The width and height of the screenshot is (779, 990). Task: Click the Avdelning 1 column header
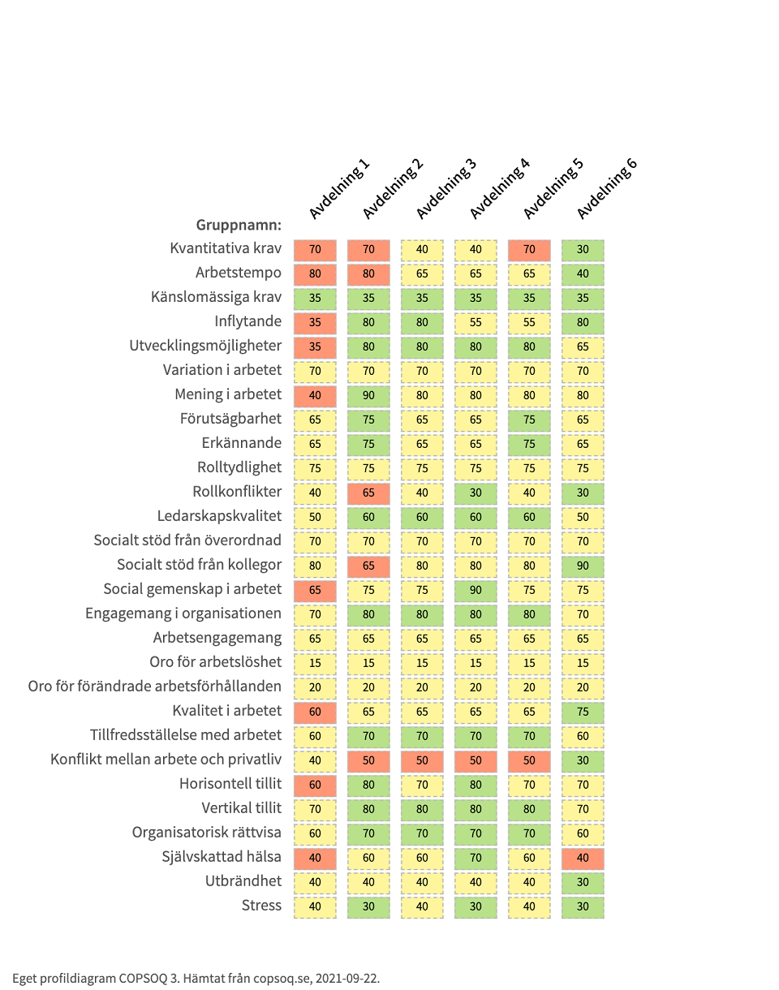pyautogui.click(x=339, y=189)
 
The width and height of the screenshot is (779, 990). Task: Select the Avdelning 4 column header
pyautogui.click(x=500, y=189)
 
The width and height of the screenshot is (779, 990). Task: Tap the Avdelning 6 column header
pyautogui.click(x=608, y=189)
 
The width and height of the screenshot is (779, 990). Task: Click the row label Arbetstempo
pyautogui.click(x=239, y=273)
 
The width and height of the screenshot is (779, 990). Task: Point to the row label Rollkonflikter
pyautogui.click(x=237, y=492)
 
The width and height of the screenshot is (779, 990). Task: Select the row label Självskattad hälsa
pyautogui.click(x=222, y=857)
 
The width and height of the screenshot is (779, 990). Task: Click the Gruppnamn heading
pyautogui.click(x=239, y=225)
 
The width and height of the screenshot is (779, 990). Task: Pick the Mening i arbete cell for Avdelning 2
pyautogui.click(x=368, y=395)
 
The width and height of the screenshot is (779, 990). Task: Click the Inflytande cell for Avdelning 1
pyautogui.click(x=315, y=322)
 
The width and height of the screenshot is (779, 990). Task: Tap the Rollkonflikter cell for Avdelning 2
pyautogui.click(x=368, y=493)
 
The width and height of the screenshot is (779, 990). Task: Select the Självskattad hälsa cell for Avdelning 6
pyautogui.click(x=583, y=858)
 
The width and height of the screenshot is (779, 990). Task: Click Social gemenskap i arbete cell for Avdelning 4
pyautogui.click(x=476, y=590)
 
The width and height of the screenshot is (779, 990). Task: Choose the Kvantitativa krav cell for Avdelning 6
pyautogui.click(x=583, y=249)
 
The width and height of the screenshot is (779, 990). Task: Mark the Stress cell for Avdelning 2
pyautogui.click(x=368, y=906)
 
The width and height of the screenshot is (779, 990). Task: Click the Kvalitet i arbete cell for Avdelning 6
pyautogui.click(x=583, y=712)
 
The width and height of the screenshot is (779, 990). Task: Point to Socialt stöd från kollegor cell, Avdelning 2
pyautogui.click(x=368, y=566)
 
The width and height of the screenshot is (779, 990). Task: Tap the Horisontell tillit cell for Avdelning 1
pyautogui.click(x=315, y=785)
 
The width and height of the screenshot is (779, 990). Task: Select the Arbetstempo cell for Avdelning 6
pyautogui.click(x=583, y=273)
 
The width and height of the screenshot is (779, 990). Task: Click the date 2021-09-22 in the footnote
pyautogui.click(x=348, y=978)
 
